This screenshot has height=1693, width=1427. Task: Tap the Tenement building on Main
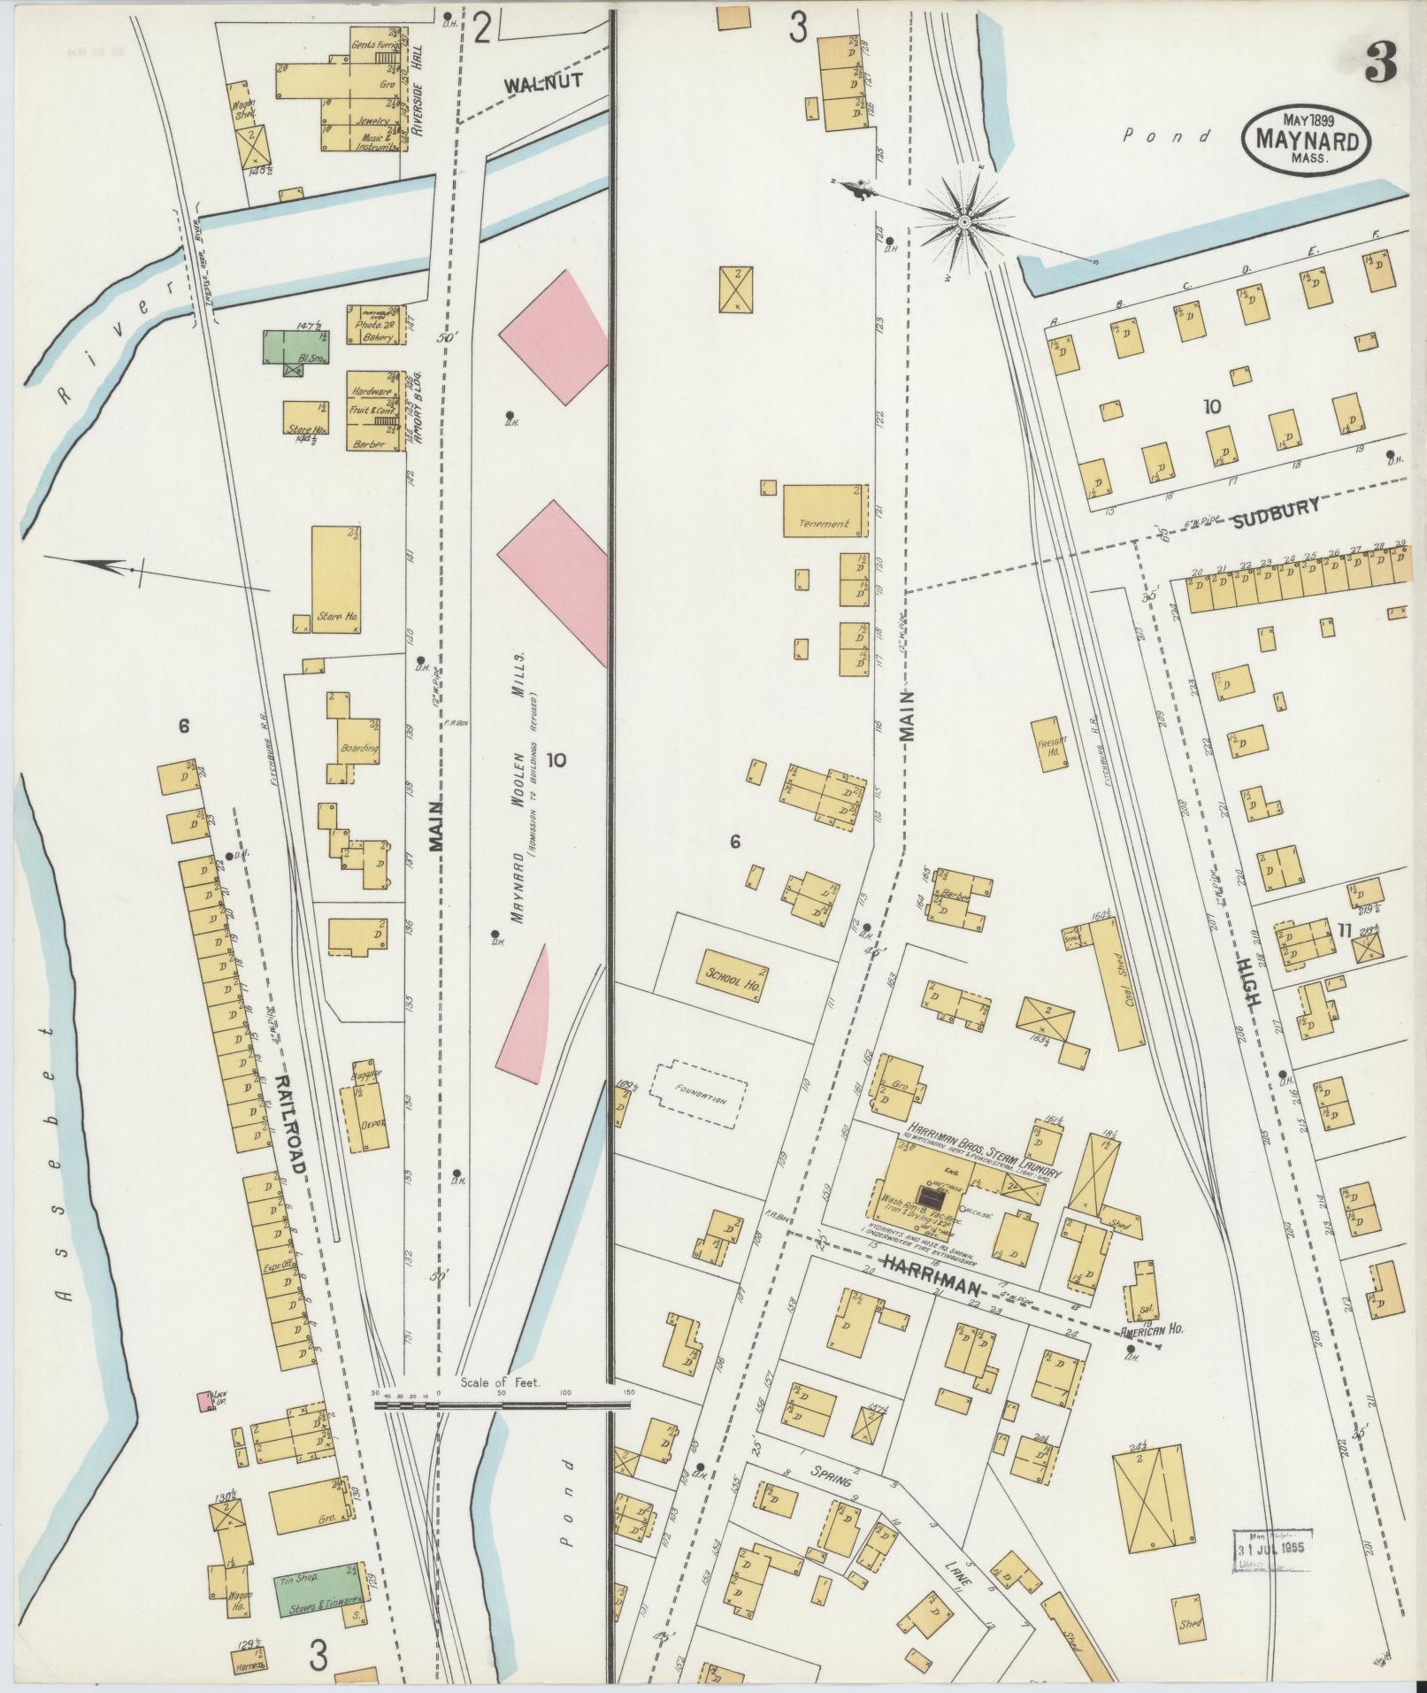[823, 510]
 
